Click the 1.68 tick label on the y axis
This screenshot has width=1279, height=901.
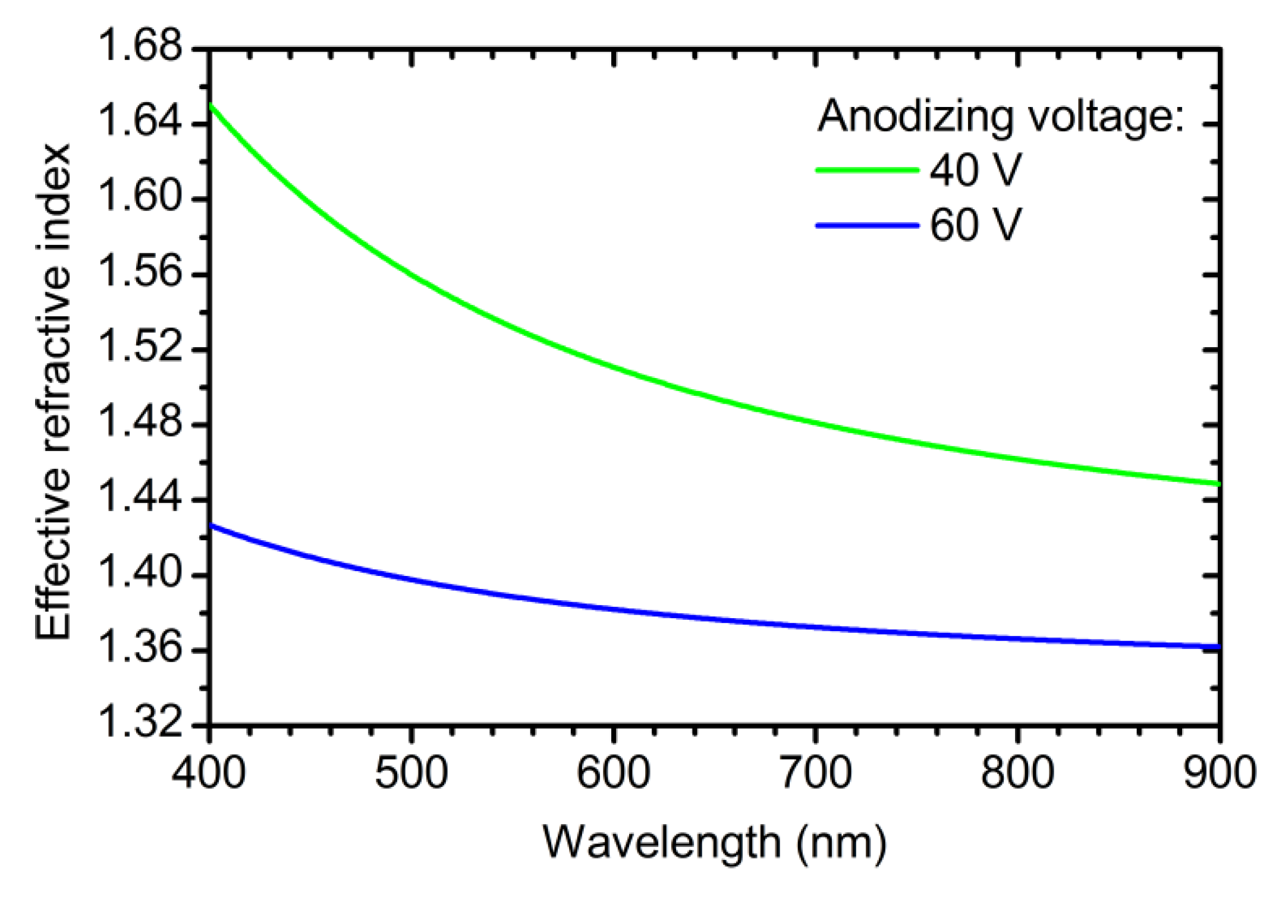click(139, 48)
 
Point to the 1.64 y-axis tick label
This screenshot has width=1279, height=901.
click(139, 124)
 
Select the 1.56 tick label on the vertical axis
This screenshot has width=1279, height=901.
click(139, 274)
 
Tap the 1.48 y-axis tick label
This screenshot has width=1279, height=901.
click(139, 424)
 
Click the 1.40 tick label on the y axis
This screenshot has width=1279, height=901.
click(139, 575)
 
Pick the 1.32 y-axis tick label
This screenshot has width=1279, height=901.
click(139, 725)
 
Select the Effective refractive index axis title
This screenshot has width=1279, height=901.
click(54, 392)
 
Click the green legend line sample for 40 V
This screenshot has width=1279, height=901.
click(867, 170)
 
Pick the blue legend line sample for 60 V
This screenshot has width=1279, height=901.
click(867, 225)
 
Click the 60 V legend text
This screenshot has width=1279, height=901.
click(975, 225)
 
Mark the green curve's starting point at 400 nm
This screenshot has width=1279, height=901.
click(210, 105)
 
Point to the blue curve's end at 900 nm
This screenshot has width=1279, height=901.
click(1218, 647)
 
